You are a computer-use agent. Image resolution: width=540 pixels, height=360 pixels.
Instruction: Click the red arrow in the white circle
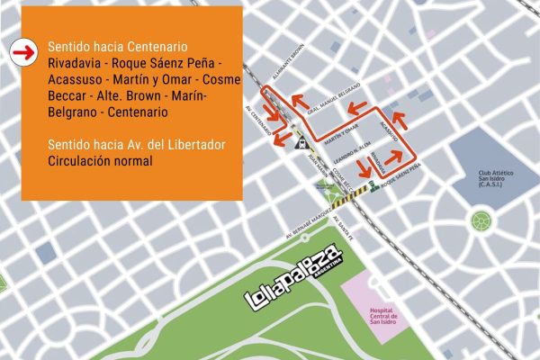point(20,52)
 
